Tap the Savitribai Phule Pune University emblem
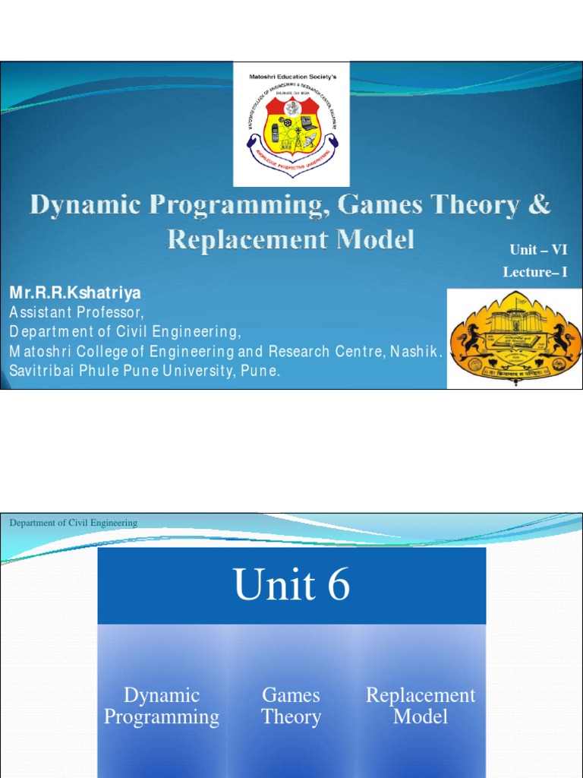pyautogui.click(x=515, y=338)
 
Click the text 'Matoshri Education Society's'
pyautogui.click(x=291, y=77)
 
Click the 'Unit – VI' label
pyautogui.click(x=538, y=250)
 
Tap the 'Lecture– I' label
pyautogui.click(x=534, y=272)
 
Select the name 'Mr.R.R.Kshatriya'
pyautogui.click(x=75, y=293)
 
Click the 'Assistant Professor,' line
pyautogui.click(x=75, y=312)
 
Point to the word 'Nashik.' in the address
pyautogui.click(x=417, y=351)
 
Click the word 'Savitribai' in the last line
pyautogui.click(x=46, y=371)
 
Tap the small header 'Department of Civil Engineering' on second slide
pyautogui.click(x=73, y=523)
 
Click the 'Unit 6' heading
pyautogui.click(x=291, y=586)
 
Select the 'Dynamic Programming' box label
pyautogui.click(x=162, y=706)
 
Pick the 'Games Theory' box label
pyautogui.click(x=291, y=706)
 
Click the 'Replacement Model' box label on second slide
pyautogui.click(x=421, y=706)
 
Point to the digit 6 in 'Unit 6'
pyautogui.click(x=339, y=587)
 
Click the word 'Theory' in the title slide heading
pyautogui.click(x=475, y=205)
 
